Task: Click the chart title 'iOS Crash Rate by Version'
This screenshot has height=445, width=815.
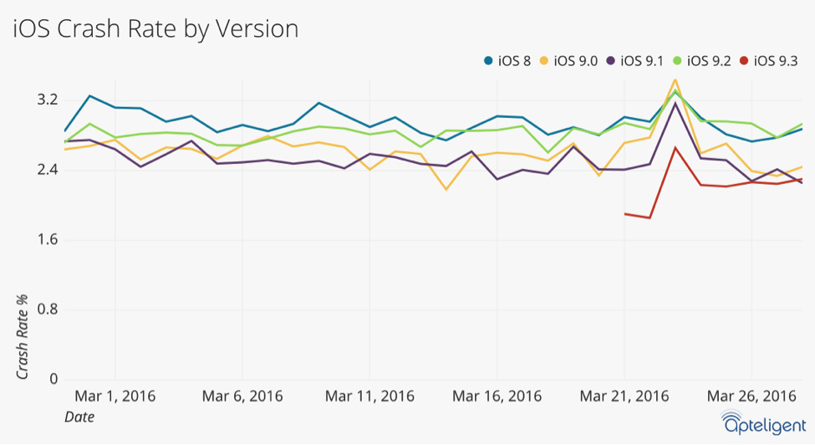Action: (x=155, y=29)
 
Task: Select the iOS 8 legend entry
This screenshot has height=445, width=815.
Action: (x=507, y=61)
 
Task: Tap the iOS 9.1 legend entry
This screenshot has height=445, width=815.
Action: (x=634, y=61)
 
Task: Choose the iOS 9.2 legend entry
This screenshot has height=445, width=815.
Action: (x=701, y=61)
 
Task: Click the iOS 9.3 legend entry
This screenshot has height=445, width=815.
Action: (x=768, y=61)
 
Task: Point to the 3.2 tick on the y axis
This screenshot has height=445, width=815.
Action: (x=47, y=100)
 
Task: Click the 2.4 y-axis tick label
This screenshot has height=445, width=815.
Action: (x=47, y=170)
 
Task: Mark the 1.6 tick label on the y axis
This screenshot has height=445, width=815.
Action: (x=47, y=240)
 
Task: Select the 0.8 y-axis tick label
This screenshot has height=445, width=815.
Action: (x=47, y=309)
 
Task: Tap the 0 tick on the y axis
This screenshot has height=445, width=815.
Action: (x=53, y=379)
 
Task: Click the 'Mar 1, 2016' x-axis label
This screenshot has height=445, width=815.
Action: (x=115, y=396)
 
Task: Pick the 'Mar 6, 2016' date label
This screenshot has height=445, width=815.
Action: (x=242, y=396)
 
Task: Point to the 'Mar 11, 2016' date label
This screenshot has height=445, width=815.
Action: (x=369, y=396)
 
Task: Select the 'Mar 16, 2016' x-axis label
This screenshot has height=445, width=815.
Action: (x=497, y=396)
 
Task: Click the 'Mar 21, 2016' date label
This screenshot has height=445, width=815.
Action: (x=624, y=396)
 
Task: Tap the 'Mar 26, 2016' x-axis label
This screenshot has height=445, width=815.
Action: (x=751, y=396)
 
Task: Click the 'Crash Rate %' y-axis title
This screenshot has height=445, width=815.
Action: (x=22, y=337)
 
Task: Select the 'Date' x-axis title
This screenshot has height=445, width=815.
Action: (x=79, y=417)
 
